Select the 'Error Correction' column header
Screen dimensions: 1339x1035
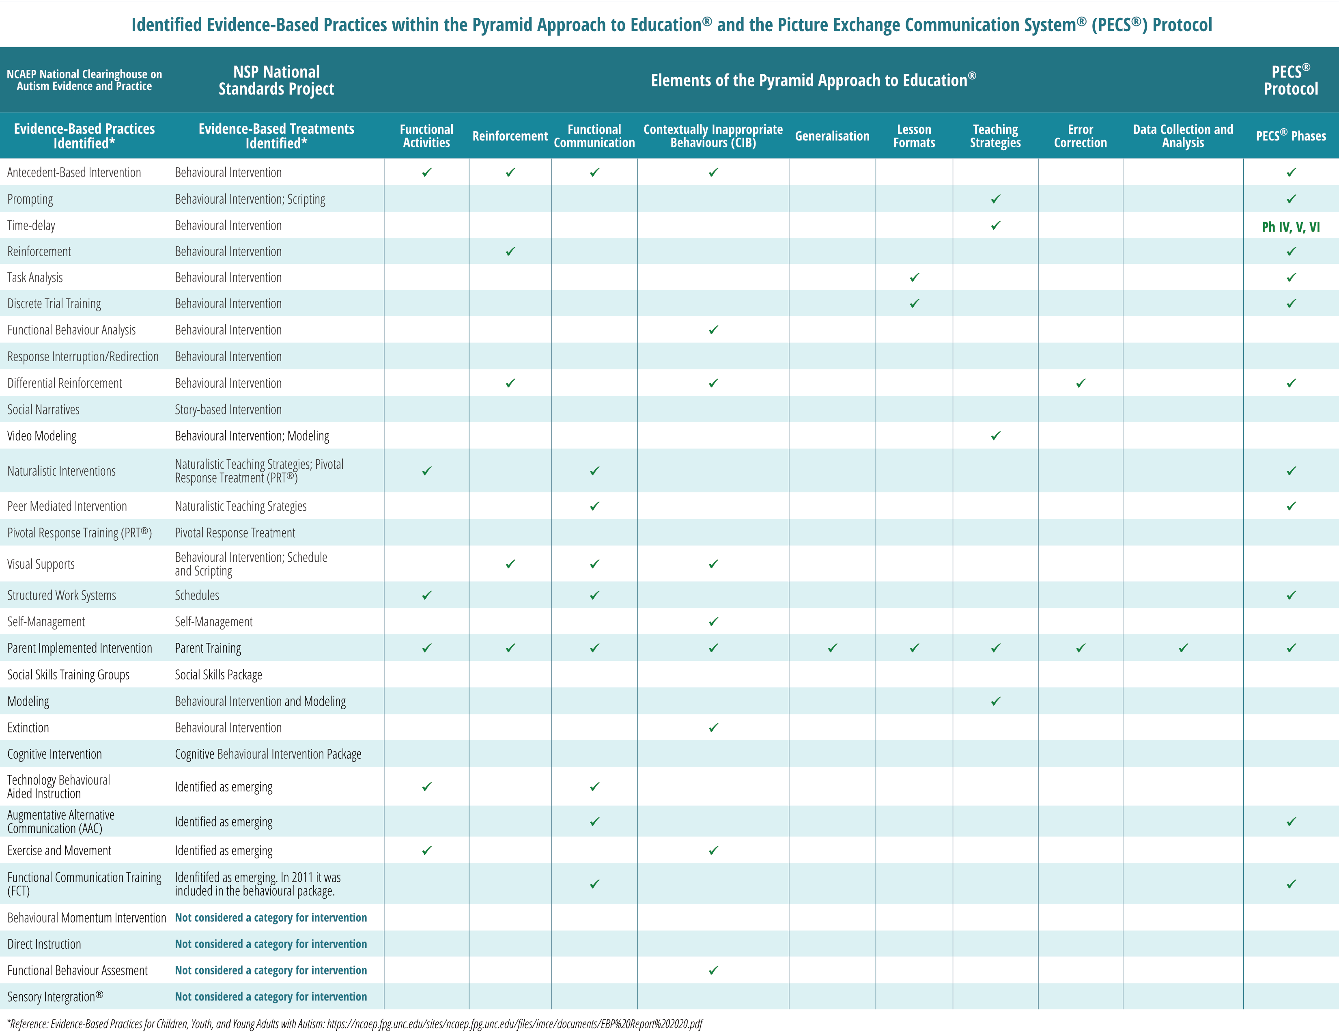tap(1080, 136)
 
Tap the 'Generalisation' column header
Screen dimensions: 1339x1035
tap(832, 136)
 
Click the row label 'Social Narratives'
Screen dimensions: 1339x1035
tap(43, 410)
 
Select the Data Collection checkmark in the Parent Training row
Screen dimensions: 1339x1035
tap(1183, 647)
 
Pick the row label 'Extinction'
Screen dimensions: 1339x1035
tap(28, 728)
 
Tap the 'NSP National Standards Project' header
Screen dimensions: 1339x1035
tap(276, 80)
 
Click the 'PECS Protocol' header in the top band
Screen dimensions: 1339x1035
tap(1291, 80)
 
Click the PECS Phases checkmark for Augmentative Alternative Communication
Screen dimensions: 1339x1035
tap(1291, 822)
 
